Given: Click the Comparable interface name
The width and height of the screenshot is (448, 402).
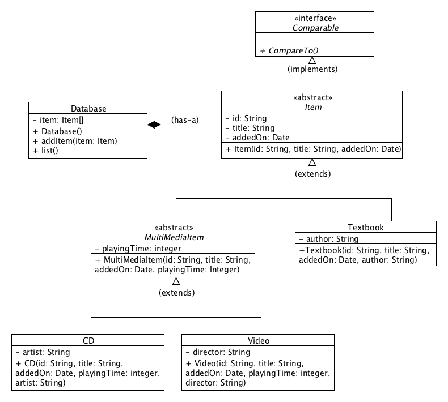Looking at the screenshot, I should point(314,27).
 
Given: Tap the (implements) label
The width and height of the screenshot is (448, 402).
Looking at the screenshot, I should point(312,70).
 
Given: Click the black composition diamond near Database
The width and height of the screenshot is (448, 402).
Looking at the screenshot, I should point(154,125).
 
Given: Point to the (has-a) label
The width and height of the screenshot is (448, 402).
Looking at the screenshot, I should point(184,120).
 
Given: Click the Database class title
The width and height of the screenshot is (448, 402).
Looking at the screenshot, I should point(88,108).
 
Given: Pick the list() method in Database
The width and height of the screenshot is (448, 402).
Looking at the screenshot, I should point(46,149).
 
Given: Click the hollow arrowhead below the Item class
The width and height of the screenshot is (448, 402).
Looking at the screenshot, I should point(312,162).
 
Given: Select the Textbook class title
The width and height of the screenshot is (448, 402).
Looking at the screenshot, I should point(365,227).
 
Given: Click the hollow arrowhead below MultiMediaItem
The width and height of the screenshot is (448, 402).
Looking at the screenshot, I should point(176,281).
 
